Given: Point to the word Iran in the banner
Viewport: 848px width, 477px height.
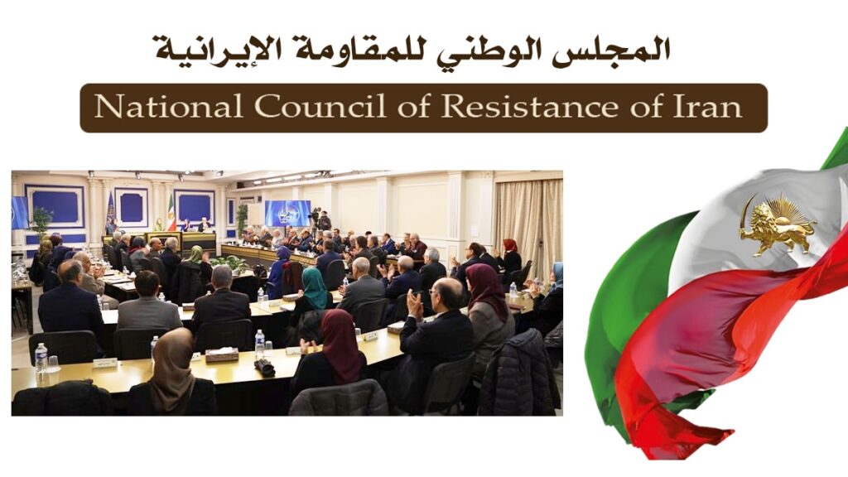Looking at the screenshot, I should tap(707, 108).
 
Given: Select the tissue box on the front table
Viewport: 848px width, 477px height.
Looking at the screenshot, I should tap(221, 354).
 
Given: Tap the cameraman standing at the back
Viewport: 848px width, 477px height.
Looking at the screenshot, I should tap(323, 221).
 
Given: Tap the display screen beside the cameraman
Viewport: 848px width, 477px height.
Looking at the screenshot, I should tap(287, 212).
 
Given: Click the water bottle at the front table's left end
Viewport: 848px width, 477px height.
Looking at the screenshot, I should tap(41, 357).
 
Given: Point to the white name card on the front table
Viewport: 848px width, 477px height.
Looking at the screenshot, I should tap(104, 363).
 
